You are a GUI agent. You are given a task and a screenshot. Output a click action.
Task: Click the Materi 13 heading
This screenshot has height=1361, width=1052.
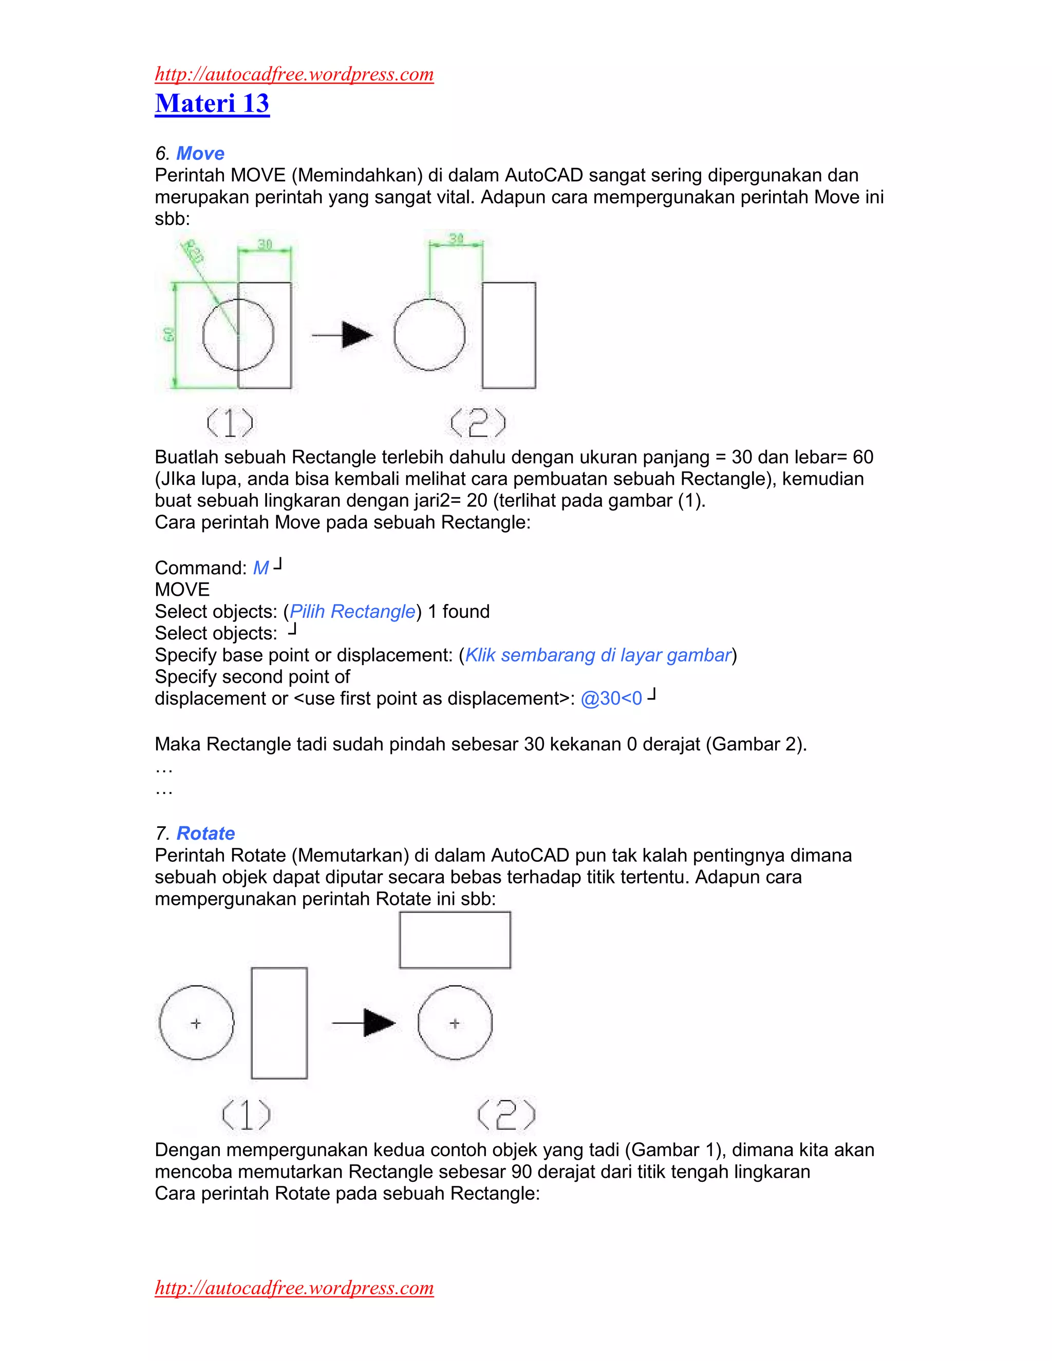[x=212, y=103]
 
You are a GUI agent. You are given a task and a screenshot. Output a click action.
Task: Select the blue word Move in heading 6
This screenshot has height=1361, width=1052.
[x=200, y=153]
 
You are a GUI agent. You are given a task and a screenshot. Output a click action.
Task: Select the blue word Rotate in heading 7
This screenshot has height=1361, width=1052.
[x=205, y=833]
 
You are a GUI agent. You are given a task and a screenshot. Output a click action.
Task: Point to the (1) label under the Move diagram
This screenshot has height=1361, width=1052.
[x=230, y=423]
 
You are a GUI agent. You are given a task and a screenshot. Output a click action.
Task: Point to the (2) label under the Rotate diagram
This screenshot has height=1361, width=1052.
[x=506, y=1115]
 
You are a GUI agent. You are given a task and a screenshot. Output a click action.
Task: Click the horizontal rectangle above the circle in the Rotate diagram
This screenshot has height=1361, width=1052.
[x=455, y=940]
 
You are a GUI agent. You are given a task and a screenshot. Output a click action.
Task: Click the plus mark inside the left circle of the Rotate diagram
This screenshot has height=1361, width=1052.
[x=196, y=1023]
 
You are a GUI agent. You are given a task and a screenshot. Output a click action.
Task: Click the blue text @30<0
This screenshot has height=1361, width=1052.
[x=611, y=698]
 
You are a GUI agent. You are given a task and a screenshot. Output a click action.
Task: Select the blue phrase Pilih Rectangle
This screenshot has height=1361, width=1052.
[x=352, y=611]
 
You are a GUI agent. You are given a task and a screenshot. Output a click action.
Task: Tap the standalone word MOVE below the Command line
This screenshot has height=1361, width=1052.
[x=182, y=590]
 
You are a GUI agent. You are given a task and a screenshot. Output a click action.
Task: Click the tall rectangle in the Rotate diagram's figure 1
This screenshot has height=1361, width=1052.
[x=279, y=1023]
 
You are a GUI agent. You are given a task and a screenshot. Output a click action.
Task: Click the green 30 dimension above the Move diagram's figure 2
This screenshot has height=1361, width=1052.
[x=456, y=239]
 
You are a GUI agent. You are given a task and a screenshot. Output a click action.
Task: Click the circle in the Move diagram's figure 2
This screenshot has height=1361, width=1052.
[x=429, y=335]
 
